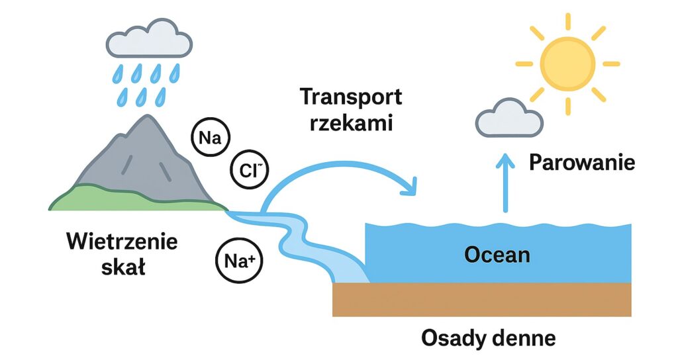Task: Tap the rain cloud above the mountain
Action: (x=150, y=40)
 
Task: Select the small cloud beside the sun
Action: (x=509, y=120)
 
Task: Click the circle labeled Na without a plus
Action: (x=209, y=138)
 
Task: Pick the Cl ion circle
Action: (x=250, y=170)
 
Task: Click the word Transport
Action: (x=351, y=97)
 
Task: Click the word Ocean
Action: (x=497, y=253)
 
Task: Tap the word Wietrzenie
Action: (x=122, y=242)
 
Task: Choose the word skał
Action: (x=123, y=268)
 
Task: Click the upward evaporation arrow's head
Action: (x=507, y=159)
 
